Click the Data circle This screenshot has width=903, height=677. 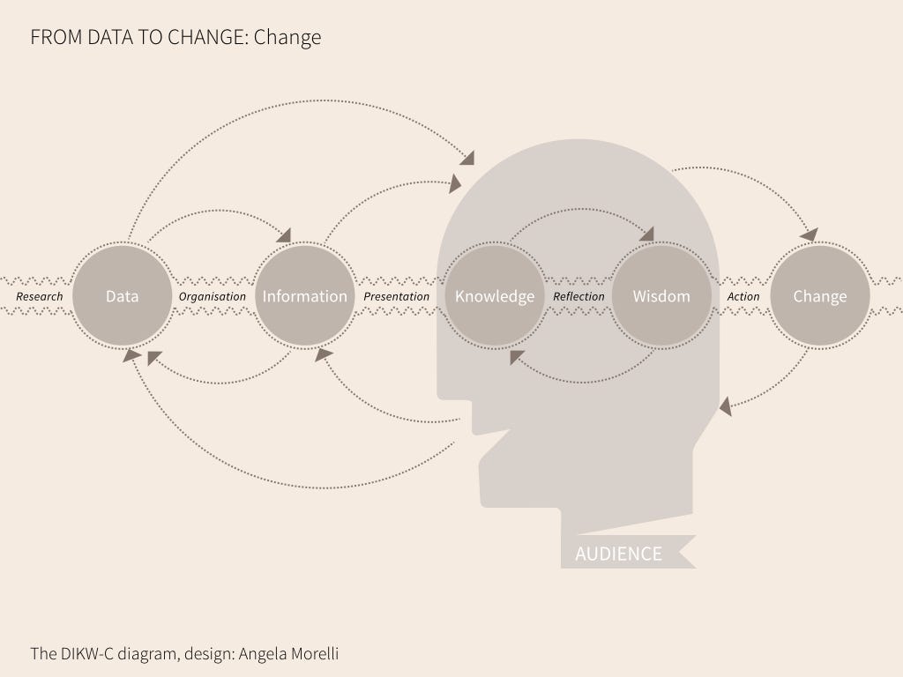(122, 296)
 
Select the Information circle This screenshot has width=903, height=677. (304, 296)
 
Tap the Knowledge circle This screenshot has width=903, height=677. (494, 296)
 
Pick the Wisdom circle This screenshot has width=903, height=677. (660, 296)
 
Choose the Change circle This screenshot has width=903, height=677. (819, 296)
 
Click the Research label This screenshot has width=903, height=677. (40, 296)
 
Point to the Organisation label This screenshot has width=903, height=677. (213, 296)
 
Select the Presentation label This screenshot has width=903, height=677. (397, 296)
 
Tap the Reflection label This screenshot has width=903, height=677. (578, 296)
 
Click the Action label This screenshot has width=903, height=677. (743, 296)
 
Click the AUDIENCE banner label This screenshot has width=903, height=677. (618, 554)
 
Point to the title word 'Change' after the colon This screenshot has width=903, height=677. (287, 38)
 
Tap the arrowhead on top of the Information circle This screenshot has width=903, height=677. (283, 235)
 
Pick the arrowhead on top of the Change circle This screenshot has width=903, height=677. (809, 234)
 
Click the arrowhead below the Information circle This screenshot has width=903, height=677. (324, 354)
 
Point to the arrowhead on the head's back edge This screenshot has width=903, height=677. (725, 406)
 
